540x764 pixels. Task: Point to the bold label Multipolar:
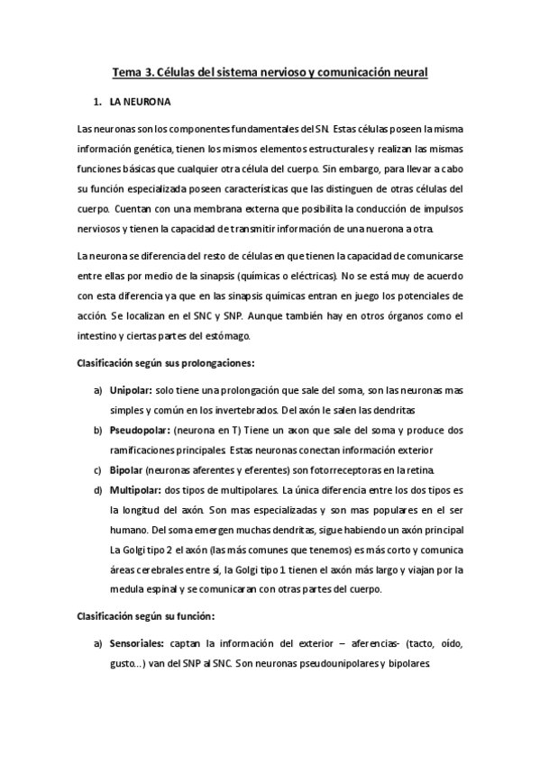[134, 491]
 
